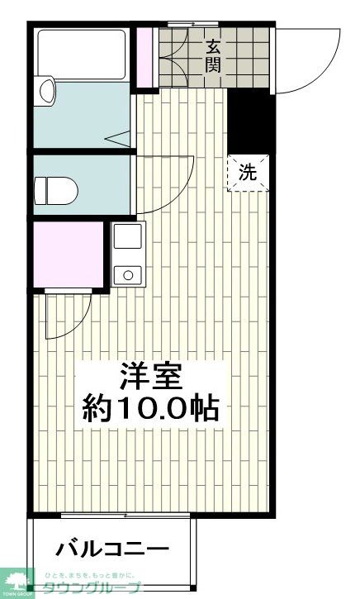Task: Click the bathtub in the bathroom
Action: [80, 55]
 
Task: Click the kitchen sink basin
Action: [127, 237]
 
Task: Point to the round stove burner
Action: [127, 273]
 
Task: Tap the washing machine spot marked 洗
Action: [248, 173]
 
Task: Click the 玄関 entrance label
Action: [212, 55]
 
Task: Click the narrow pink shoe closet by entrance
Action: [145, 58]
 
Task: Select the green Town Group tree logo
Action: [17, 582]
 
